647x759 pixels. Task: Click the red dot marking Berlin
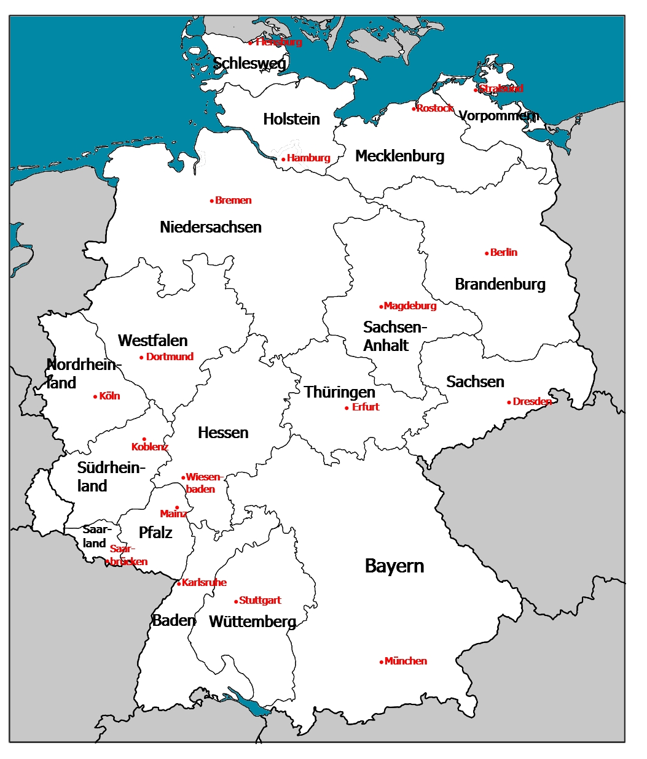(x=487, y=253)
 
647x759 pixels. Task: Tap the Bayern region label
(x=394, y=566)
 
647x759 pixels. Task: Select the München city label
(x=406, y=661)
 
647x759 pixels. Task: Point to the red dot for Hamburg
(x=283, y=159)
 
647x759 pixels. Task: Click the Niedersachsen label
(x=211, y=227)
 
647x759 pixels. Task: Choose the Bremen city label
(x=233, y=200)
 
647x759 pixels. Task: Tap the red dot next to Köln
(x=95, y=397)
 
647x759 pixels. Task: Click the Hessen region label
(x=223, y=433)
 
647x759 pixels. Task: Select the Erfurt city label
(x=366, y=407)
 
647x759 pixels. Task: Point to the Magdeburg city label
(x=410, y=306)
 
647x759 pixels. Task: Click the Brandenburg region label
(x=500, y=284)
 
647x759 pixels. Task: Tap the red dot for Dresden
(x=509, y=403)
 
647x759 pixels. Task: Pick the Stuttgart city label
(x=260, y=600)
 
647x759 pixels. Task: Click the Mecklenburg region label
(x=400, y=156)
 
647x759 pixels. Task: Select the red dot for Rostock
(x=414, y=109)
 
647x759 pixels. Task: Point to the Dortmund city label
(x=170, y=356)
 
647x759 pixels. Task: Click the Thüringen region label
(x=339, y=391)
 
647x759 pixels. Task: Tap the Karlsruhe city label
(x=205, y=582)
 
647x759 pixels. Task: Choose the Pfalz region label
(x=155, y=532)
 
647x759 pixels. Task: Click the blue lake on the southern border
(x=249, y=703)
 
